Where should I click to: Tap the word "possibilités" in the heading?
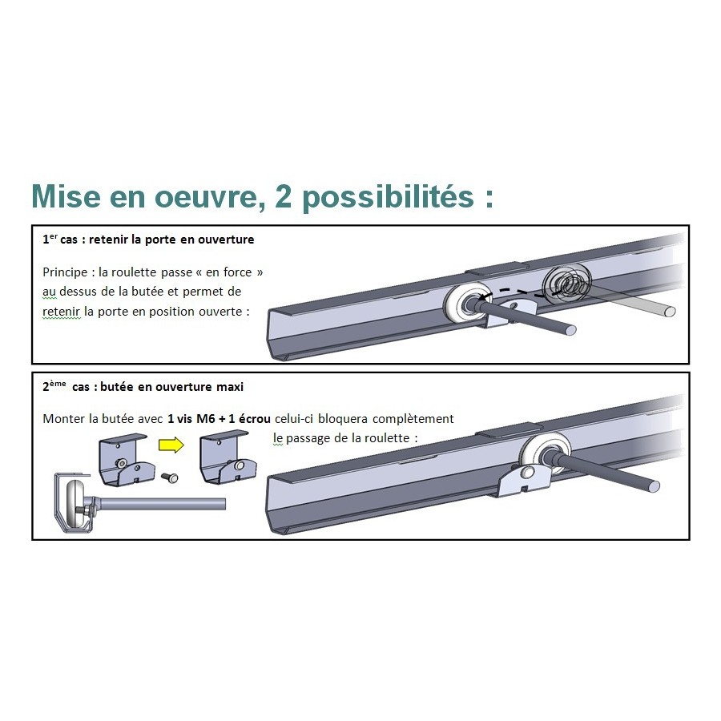(388, 198)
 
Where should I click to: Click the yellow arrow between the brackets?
(171, 445)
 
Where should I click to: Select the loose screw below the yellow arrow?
(170, 478)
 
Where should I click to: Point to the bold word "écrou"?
(254, 419)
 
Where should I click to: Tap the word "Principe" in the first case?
(65, 272)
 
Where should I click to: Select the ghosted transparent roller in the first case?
(566, 284)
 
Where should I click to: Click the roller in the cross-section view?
(77, 505)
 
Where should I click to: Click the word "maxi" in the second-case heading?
(230, 387)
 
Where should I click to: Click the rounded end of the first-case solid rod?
(570, 330)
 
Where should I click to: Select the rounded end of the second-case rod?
(654, 486)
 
